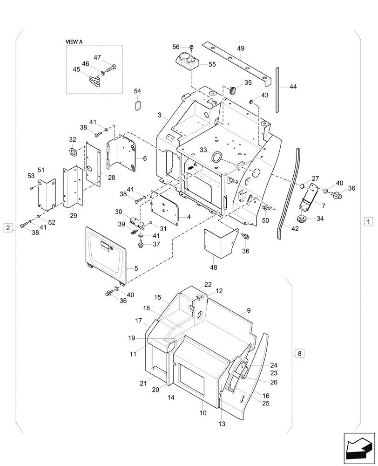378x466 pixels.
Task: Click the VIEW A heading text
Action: point(74,41)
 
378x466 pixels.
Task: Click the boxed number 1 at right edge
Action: point(368,221)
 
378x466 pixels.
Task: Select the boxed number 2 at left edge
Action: point(8,227)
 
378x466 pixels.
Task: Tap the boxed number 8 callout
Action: point(299,354)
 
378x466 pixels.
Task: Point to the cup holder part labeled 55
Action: point(186,61)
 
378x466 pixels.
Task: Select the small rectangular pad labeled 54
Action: point(137,104)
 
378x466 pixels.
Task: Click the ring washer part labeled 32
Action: point(73,152)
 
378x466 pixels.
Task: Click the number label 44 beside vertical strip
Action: point(292,87)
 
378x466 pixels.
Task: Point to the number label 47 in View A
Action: point(97,57)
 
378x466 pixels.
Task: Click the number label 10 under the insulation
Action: point(203,413)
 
